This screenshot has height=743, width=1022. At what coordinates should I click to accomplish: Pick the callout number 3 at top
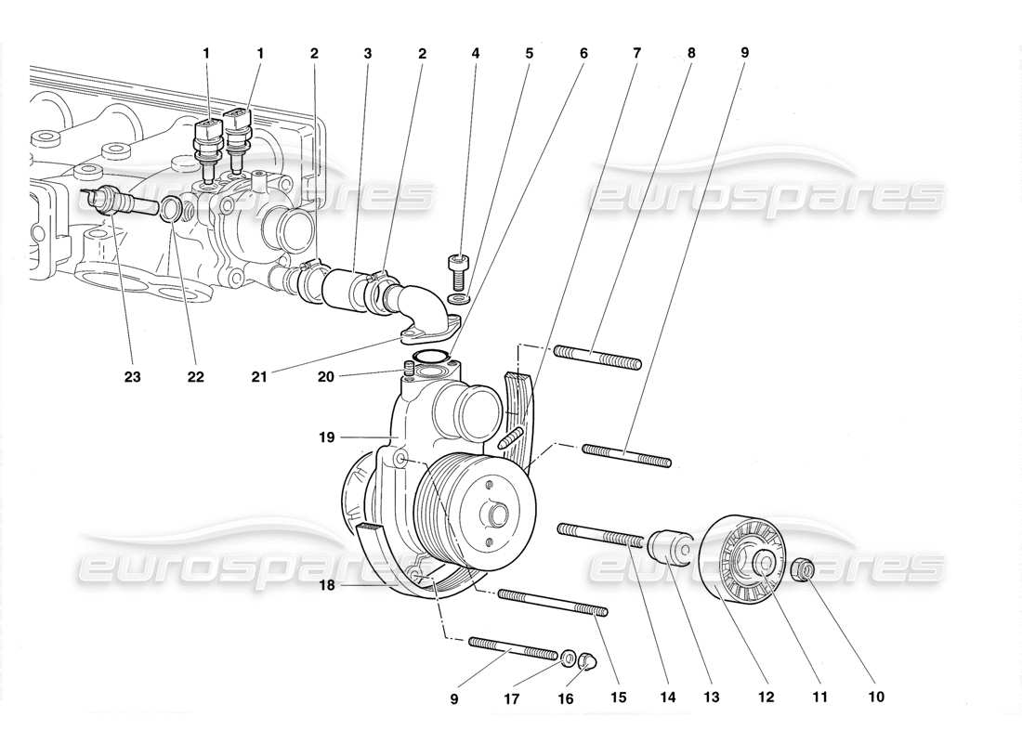[x=368, y=54]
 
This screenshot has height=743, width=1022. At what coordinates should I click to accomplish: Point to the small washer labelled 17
[x=568, y=658]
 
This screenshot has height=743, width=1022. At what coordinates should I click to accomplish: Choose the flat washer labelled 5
[x=457, y=298]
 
